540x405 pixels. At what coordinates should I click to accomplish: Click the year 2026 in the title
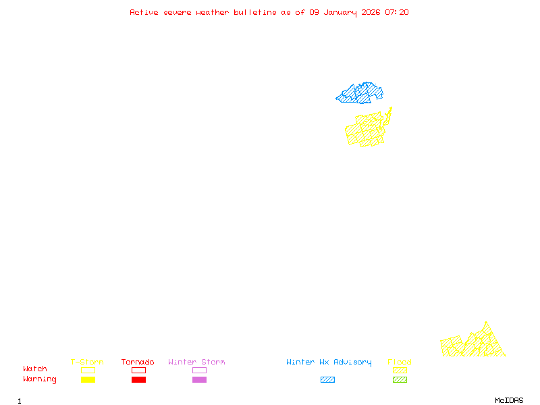[x=370, y=12]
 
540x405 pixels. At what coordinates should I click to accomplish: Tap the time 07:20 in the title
[x=397, y=12]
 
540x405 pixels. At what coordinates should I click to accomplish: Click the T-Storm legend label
[x=87, y=362]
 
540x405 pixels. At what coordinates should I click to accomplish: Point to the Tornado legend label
[x=138, y=362]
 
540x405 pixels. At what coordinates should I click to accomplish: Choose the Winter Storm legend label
[x=196, y=362]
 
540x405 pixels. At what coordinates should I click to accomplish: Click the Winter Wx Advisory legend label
[x=329, y=362]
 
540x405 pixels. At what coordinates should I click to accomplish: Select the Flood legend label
[x=400, y=362]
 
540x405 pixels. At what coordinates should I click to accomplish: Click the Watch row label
[x=35, y=369]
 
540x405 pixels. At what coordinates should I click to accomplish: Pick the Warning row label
[x=40, y=379]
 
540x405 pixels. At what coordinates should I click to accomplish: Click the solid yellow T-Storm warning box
[x=88, y=380]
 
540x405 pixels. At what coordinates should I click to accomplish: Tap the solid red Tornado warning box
[x=138, y=380]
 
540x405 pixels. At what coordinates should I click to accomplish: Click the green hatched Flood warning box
[x=400, y=380]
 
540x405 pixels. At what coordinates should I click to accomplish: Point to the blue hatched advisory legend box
[x=327, y=380]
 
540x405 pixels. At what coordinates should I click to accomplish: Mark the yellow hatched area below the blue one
[x=366, y=130]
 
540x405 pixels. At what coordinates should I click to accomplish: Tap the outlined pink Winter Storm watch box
[x=199, y=370]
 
